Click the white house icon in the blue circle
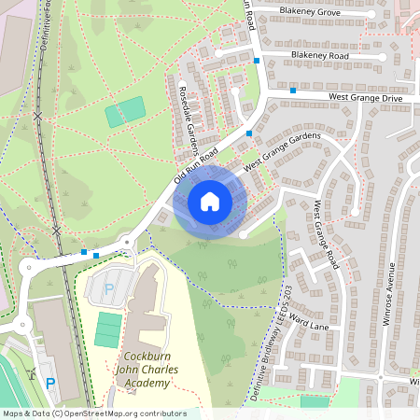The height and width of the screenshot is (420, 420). [210, 202]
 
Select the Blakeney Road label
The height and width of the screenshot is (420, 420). [319, 56]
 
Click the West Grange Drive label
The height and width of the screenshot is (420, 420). [364, 97]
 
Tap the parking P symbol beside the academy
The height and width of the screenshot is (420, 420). [108, 288]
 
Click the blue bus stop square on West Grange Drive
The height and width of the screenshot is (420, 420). [293, 91]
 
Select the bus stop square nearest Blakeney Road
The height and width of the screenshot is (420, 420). [257, 61]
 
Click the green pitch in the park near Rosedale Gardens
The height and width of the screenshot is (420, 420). [125, 112]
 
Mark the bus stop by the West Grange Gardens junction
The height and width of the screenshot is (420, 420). [248, 133]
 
